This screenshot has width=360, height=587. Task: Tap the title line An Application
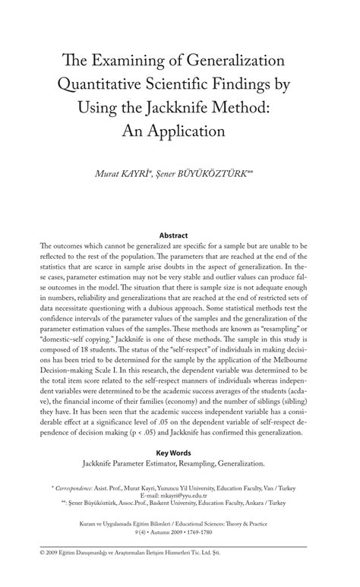coord(180,130)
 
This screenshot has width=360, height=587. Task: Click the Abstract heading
coord(180,236)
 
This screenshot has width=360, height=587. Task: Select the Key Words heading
coord(180,451)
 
